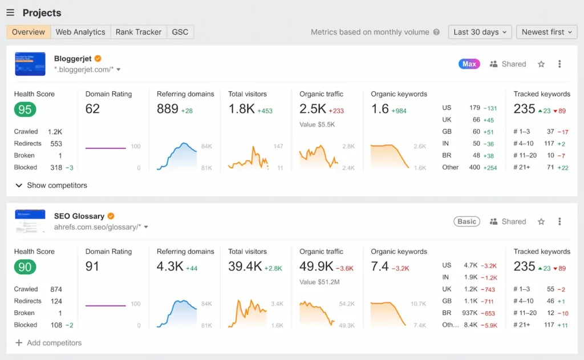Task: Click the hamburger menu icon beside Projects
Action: coord(10,13)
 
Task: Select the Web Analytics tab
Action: coord(80,32)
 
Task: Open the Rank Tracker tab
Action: coord(139,32)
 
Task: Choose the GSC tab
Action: coord(180,32)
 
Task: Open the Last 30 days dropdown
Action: coord(480,32)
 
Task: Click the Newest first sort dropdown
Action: coord(546,32)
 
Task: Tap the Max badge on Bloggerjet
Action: coord(469,64)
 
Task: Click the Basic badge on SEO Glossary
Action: coord(467,221)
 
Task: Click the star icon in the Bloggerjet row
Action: coord(541,64)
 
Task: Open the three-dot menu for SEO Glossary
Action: coord(559,221)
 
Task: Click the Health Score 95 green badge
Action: coord(25,109)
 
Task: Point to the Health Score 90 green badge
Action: coord(25,266)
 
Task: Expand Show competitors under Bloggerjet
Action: coord(51,185)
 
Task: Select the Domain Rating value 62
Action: coord(92,109)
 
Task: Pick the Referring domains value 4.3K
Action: coord(170,266)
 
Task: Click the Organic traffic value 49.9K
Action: coord(316,266)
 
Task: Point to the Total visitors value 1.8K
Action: coord(241,109)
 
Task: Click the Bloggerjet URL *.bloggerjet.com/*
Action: coord(84,70)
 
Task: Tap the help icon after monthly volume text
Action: coord(436,32)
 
